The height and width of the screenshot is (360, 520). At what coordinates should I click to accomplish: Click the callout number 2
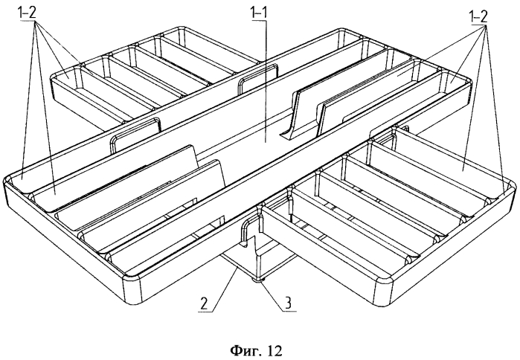[x=204, y=303]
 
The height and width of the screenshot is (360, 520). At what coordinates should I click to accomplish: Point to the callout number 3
[x=289, y=303]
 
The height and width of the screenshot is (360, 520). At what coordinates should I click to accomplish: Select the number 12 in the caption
[x=273, y=350]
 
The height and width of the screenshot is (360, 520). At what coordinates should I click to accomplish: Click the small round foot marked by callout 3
[x=257, y=281]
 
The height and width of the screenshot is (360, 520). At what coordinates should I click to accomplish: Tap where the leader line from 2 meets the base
[x=237, y=270]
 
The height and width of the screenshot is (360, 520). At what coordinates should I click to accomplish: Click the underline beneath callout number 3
[x=289, y=311]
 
